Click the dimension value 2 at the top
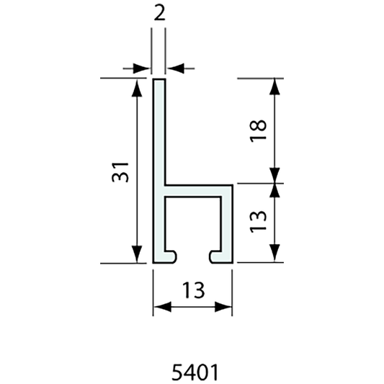pyautogui.click(x=158, y=13)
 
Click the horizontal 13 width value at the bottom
pyautogui.click(x=192, y=290)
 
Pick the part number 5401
pyautogui.click(x=192, y=372)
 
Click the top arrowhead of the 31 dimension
pyautogui.click(x=135, y=86)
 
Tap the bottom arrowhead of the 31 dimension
pyautogui.click(x=135, y=256)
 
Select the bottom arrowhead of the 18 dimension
pyautogui.click(x=274, y=176)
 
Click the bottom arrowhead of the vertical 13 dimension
pyautogui.click(x=274, y=256)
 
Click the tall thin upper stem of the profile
pyautogui.click(x=159, y=130)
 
